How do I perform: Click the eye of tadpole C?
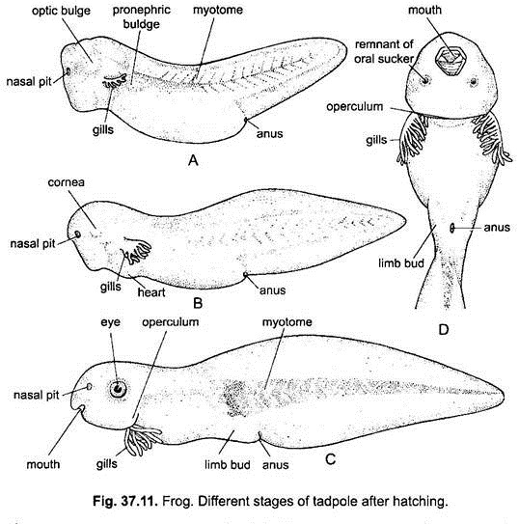(119, 389)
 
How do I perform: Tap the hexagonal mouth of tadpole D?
(451, 61)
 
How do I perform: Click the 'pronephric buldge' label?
(141, 16)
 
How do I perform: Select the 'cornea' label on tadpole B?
(67, 182)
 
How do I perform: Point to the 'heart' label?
(151, 292)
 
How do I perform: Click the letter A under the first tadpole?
(193, 160)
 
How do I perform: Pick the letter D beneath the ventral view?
(443, 329)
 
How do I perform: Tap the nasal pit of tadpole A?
(68, 71)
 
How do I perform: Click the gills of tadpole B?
(137, 251)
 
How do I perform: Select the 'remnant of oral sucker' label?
(384, 51)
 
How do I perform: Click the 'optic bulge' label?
(61, 11)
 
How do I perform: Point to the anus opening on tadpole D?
(451, 228)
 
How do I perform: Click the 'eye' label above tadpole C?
(110, 322)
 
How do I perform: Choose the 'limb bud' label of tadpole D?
(401, 263)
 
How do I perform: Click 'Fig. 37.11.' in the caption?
(125, 501)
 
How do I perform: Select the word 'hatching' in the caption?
(419, 502)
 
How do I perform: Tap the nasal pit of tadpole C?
(89, 387)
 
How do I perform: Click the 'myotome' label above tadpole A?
(218, 10)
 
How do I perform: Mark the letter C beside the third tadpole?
(330, 459)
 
